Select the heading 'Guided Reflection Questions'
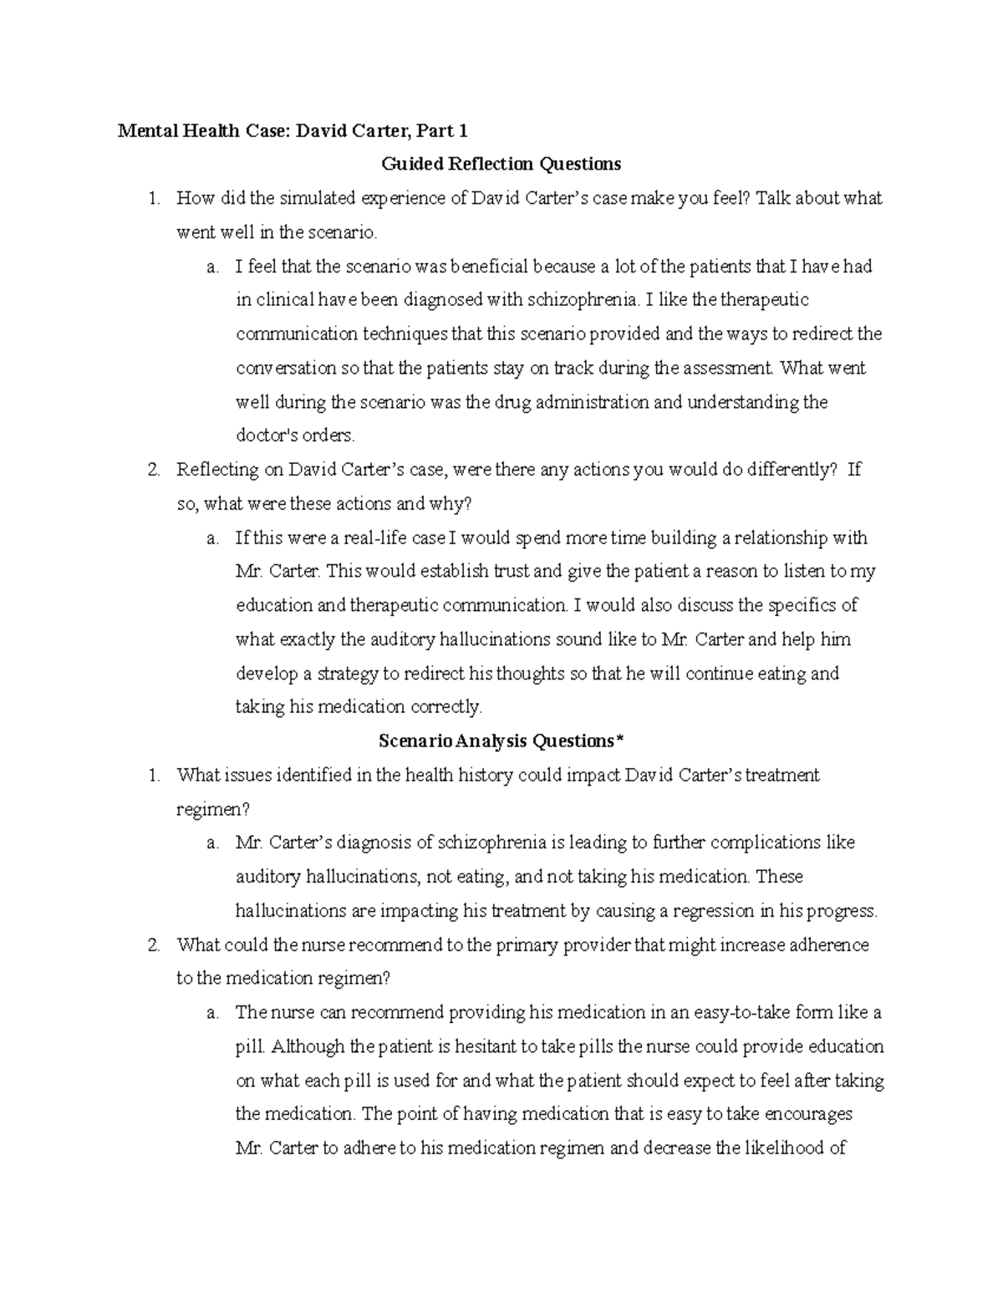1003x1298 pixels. point(501,164)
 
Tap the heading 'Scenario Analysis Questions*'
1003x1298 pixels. point(501,741)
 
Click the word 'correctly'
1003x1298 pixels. point(445,707)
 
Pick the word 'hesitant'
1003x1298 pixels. point(486,1046)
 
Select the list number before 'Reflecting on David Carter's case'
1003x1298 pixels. point(153,470)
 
